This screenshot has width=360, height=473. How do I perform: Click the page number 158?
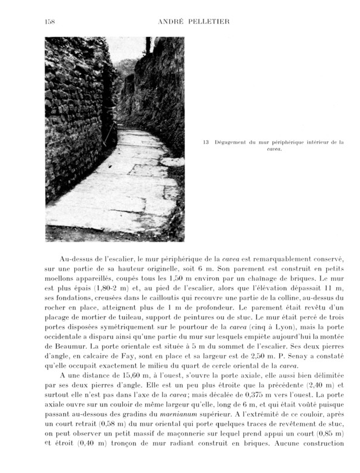click(50, 22)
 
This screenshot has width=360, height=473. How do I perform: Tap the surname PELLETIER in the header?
click(209, 22)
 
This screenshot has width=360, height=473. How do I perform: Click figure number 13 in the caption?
click(205, 142)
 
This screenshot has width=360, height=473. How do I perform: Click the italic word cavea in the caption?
click(273, 150)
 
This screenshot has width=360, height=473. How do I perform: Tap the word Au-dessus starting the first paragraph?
click(80, 259)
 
